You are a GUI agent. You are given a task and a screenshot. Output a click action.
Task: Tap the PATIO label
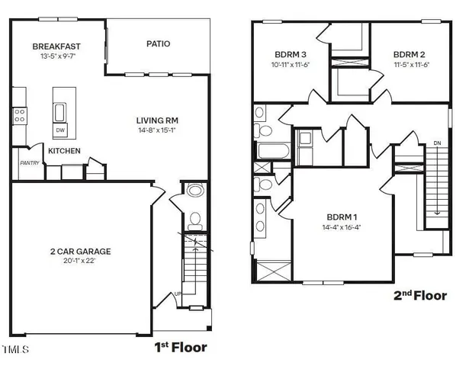(x=158, y=44)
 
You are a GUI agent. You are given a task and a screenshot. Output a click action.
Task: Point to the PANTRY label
(x=29, y=162)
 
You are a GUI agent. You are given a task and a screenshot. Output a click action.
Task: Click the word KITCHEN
(x=64, y=151)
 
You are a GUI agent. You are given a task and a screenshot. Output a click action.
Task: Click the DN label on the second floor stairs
(x=436, y=143)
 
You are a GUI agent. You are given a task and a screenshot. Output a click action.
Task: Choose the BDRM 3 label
(x=291, y=55)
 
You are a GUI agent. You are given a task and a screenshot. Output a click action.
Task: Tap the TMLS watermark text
(x=15, y=351)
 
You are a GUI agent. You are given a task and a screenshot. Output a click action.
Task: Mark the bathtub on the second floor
(x=272, y=150)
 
